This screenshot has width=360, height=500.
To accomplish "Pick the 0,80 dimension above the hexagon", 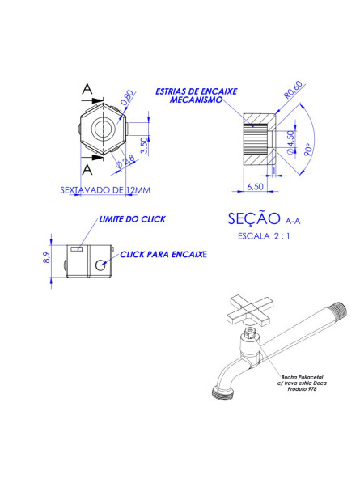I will [x=127, y=100].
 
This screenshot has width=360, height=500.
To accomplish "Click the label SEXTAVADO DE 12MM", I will [x=105, y=191].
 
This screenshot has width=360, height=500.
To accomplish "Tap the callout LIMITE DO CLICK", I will [x=132, y=219].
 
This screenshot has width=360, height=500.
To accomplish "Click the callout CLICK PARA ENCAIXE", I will [x=163, y=254].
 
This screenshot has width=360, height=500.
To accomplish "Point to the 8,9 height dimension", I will [x=47, y=258].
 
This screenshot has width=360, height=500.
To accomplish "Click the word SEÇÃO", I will [x=254, y=218].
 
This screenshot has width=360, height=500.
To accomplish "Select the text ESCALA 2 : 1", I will [x=265, y=236].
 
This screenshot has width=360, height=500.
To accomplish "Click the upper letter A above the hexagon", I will [x=87, y=89].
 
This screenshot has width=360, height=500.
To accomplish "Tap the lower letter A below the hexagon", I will [x=87, y=169].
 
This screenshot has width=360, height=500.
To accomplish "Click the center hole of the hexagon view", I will [x=103, y=129].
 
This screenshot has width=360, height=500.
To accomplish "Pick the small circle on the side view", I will [x=100, y=265].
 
